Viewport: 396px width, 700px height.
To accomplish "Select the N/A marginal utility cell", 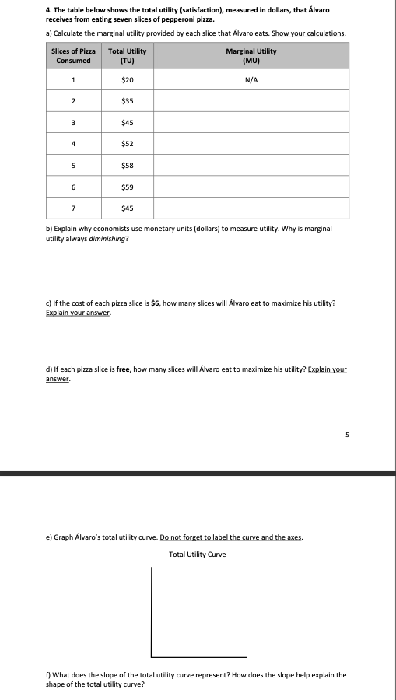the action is (x=251, y=80).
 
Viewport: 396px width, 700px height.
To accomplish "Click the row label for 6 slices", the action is (x=73, y=186).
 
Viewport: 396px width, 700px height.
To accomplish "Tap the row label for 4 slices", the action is (x=73, y=143).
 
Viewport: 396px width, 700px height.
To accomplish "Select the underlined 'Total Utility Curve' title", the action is (x=198, y=555).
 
